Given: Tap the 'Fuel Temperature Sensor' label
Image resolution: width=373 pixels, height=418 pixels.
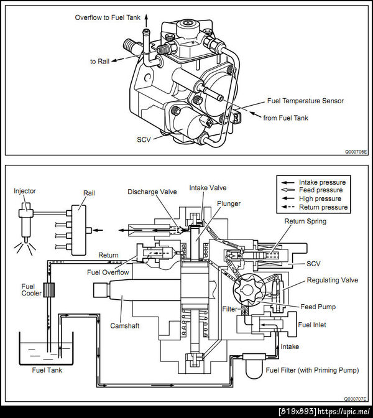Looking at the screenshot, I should (x=305, y=101).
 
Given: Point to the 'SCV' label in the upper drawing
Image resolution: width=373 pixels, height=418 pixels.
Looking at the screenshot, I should (x=144, y=139).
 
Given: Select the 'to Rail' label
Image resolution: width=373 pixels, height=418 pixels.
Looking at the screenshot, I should (x=99, y=62).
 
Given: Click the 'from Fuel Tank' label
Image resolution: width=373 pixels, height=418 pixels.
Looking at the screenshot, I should (x=285, y=117).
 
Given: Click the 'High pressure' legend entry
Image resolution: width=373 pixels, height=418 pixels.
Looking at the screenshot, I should (x=320, y=198).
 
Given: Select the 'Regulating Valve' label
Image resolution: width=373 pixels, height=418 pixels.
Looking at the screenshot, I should (x=332, y=281).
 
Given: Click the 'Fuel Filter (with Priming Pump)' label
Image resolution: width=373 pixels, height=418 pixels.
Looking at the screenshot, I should (x=312, y=371).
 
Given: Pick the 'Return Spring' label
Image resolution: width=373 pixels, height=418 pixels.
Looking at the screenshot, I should (x=305, y=221).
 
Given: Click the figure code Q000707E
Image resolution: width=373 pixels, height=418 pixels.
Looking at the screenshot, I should (x=356, y=399).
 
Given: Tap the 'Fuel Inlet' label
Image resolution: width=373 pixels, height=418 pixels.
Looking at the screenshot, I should (x=311, y=325).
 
